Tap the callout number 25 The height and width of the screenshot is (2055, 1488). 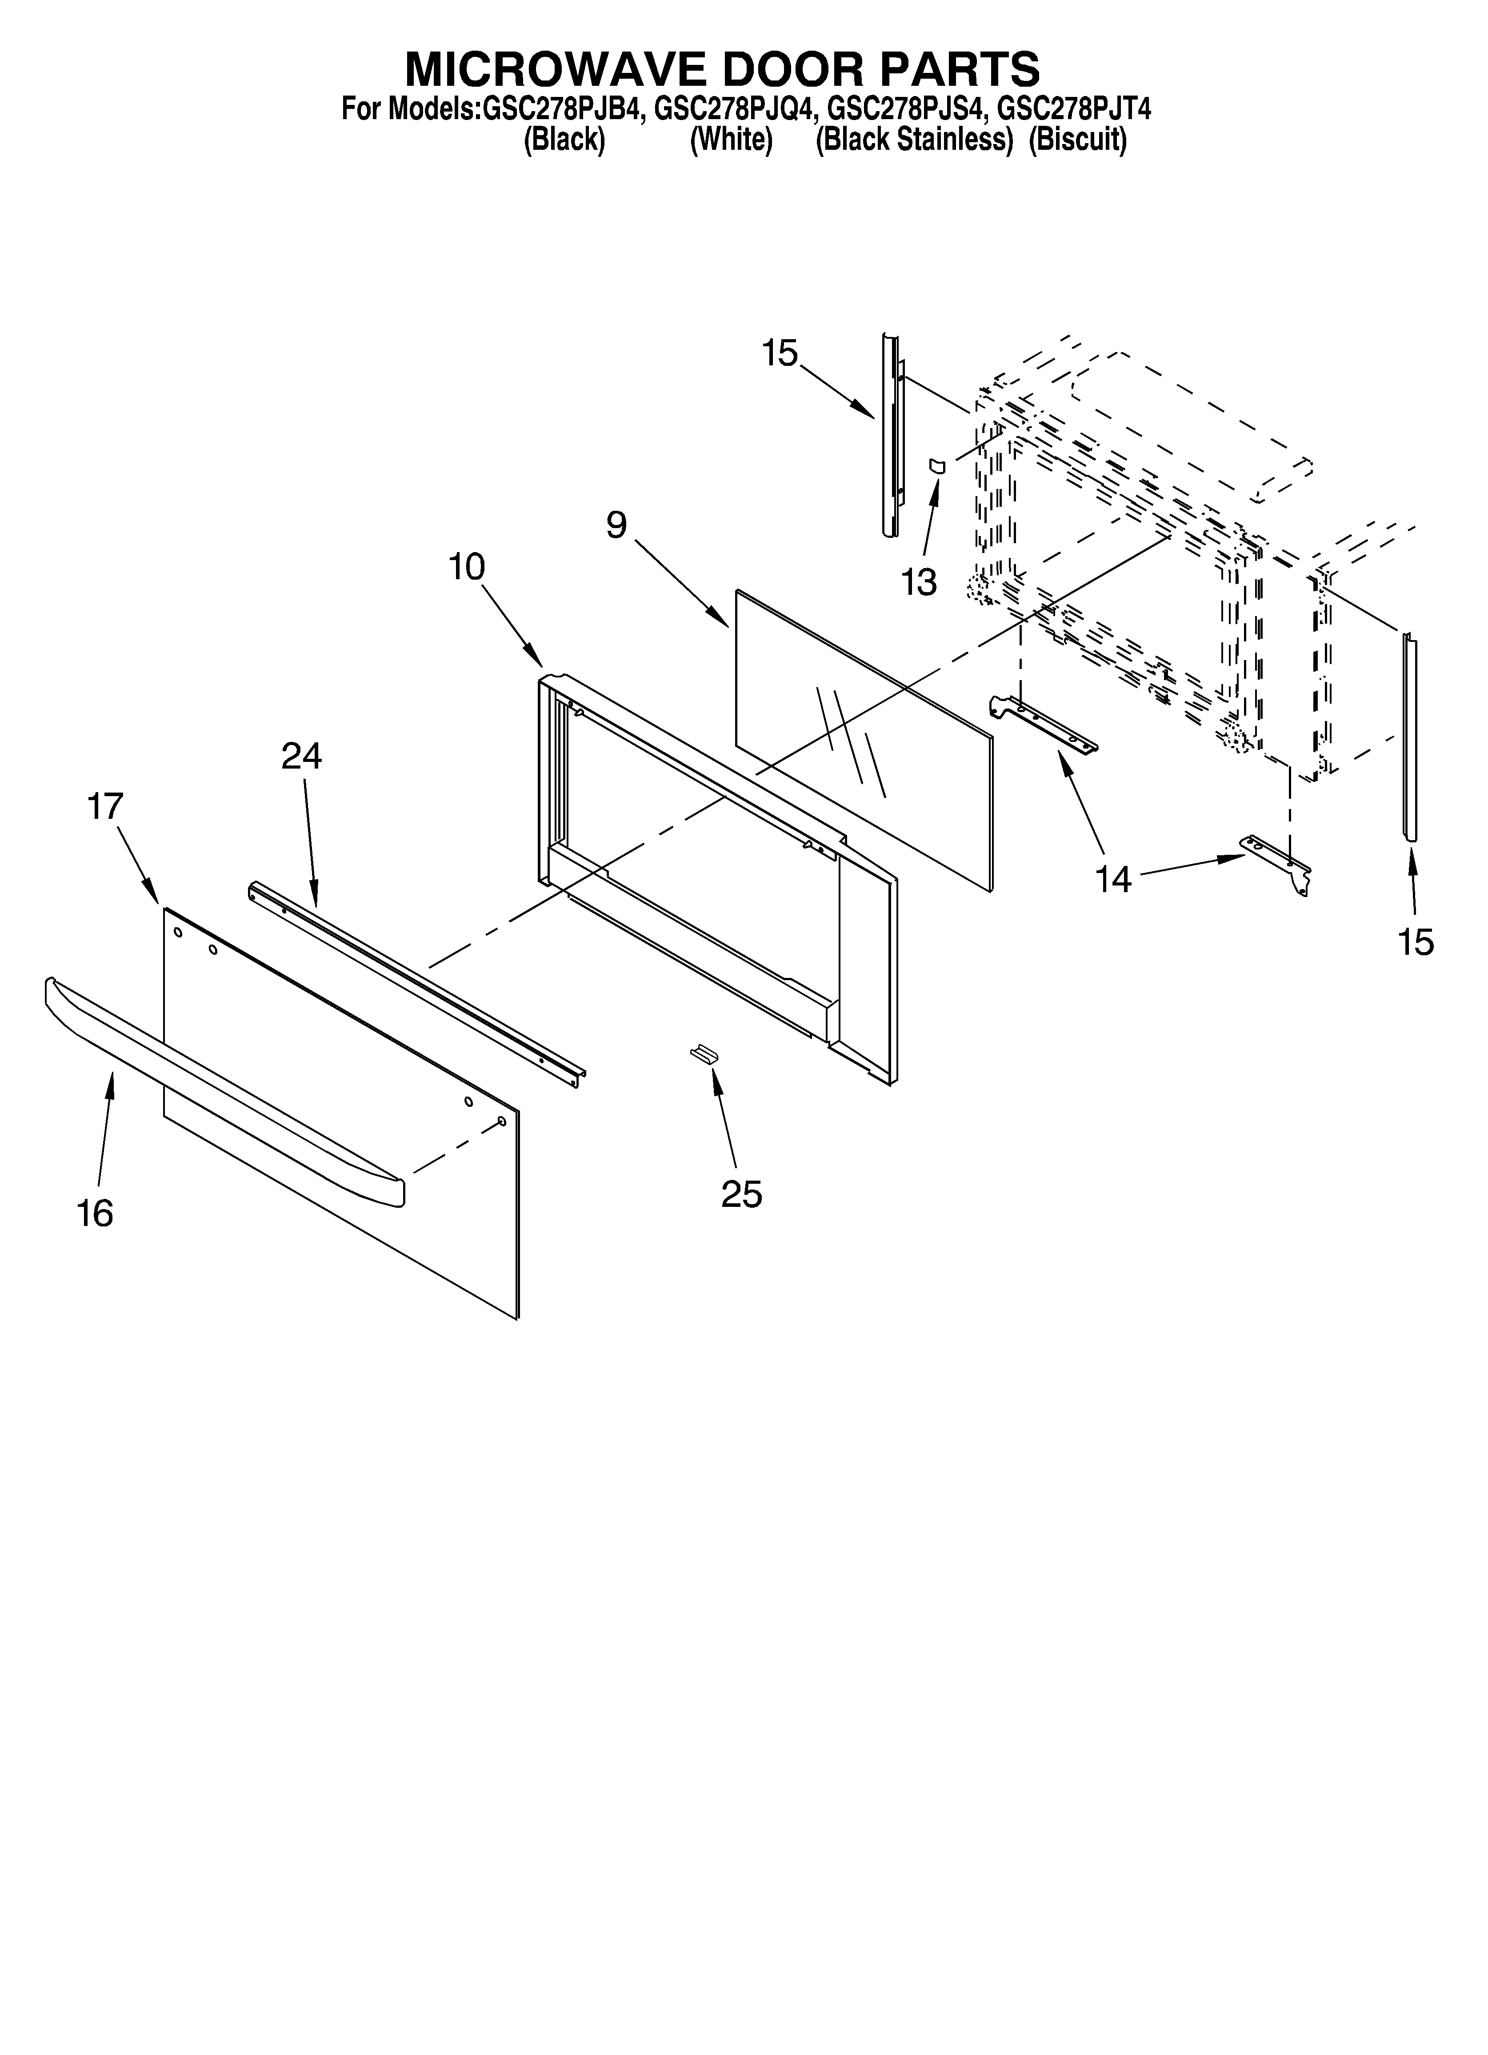[x=741, y=1194]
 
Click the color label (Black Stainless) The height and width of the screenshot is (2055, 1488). [x=913, y=140]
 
